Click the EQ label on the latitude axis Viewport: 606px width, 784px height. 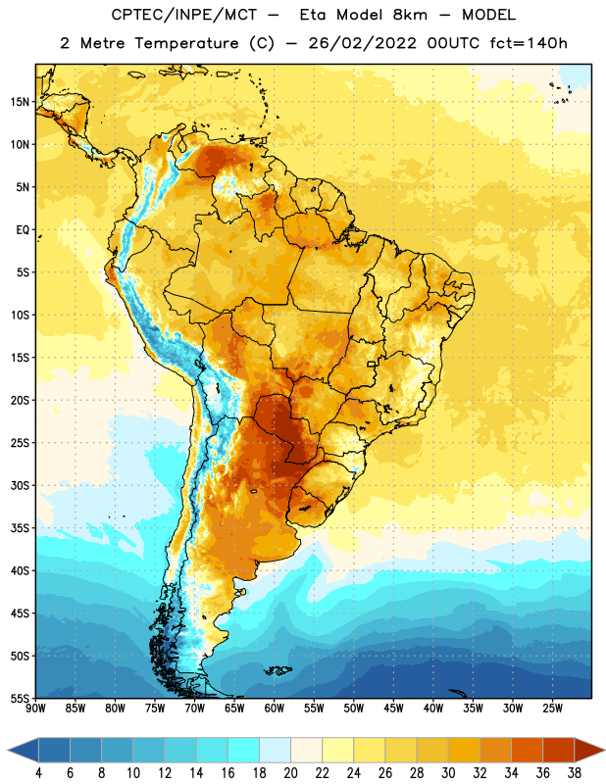[23, 230]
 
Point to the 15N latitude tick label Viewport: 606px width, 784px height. [20, 102]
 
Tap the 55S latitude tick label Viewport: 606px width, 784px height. [20, 698]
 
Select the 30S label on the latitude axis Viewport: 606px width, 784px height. [20, 485]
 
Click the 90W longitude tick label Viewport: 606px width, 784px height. [35, 709]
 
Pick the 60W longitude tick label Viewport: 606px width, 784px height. [275, 709]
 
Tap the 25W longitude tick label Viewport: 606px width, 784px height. [552, 709]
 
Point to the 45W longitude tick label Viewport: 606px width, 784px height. [393, 709]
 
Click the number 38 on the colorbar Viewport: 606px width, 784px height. [574, 773]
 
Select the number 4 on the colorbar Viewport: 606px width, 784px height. [38, 773]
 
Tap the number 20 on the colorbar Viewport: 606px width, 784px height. [290, 773]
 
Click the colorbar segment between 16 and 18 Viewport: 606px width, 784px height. [243, 750]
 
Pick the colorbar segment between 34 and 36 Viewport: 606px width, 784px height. [527, 750]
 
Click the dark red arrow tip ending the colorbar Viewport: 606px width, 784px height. [604, 750]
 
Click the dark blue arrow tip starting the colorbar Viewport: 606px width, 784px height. [8, 750]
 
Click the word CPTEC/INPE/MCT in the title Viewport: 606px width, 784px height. [183, 15]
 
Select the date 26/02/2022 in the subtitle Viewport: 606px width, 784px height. [362, 43]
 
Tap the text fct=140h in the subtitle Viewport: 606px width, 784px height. [529, 43]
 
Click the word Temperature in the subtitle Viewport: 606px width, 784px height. [186, 43]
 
